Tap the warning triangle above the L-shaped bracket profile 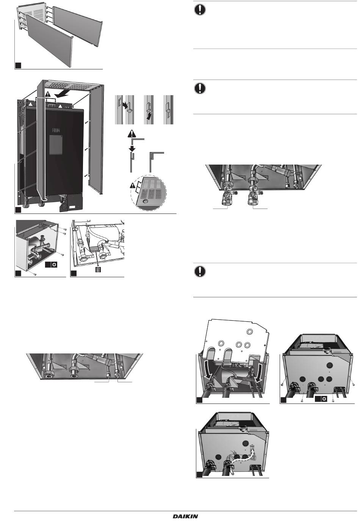[x=132, y=133]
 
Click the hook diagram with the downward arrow [x=149, y=110]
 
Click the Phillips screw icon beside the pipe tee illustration [x=54, y=264]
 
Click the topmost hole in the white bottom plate [x=250, y=331]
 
